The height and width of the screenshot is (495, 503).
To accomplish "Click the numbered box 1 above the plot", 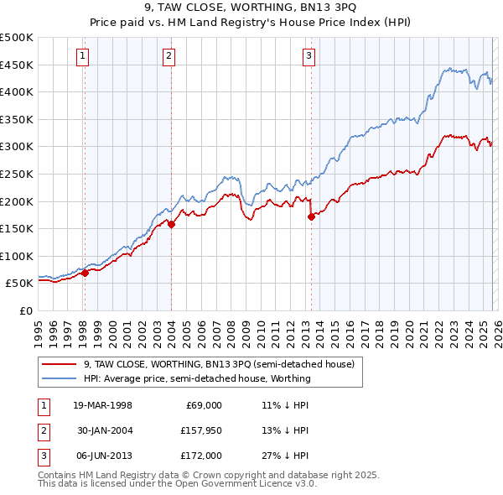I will click(84, 56).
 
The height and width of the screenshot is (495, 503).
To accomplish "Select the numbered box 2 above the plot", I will click(169, 56).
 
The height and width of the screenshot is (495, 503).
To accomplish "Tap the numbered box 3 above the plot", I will click(309, 56).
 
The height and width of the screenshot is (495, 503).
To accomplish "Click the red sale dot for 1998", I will click(85, 273).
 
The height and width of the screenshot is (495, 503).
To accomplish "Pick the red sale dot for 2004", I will click(171, 224).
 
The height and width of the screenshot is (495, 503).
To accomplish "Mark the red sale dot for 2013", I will click(311, 216).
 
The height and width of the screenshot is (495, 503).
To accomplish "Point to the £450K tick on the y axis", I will click(17, 65).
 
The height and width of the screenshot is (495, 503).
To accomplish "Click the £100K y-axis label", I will click(17, 256).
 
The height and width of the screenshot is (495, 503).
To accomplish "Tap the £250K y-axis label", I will click(17, 174).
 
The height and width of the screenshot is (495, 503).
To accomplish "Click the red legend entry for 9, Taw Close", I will click(220, 364).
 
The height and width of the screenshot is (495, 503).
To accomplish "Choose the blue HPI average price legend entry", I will click(197, 378).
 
